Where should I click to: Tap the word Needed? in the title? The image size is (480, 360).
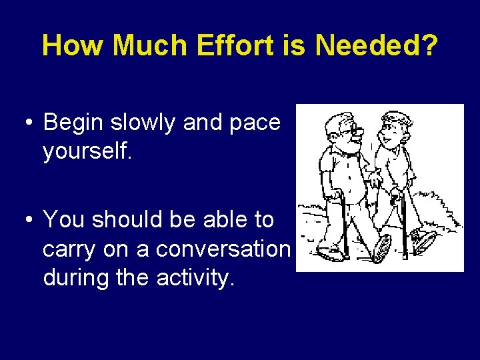click(377, 45)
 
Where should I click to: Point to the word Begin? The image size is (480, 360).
click(74, 123)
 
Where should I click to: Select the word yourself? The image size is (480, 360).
click(88, 151)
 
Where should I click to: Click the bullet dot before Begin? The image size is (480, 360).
click(29, 123)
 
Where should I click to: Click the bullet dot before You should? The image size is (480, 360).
click(29, 219)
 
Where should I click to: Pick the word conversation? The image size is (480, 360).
click(223, 248)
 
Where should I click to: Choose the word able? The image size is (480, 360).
click(223, 219)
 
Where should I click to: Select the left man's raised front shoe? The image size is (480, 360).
click(382, 248)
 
